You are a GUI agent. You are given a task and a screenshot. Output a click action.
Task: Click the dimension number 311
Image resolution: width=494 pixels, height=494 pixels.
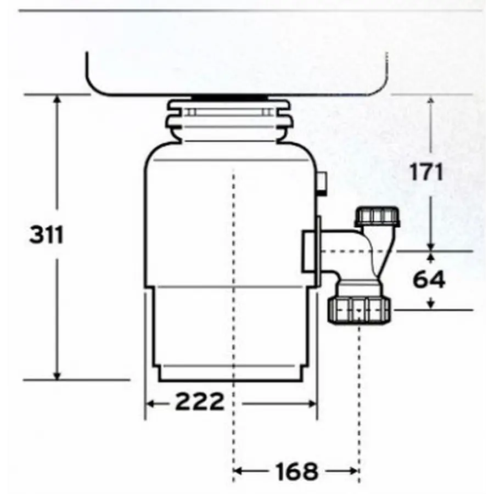(x=47, y=235)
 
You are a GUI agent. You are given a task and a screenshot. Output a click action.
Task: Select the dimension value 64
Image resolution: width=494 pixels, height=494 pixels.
(x=429, y=279)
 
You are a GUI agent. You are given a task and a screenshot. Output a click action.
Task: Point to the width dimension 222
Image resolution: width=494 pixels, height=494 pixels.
(x=200, y=402)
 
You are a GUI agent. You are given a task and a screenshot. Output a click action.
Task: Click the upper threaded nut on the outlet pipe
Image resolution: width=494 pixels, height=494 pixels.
(x=378, y=216)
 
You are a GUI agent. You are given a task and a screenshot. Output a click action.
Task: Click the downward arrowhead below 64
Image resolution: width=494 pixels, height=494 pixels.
(x=431, y=304)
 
